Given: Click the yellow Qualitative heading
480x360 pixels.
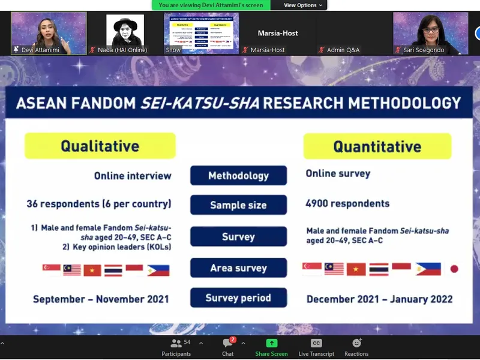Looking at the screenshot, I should pyautogui.click(x=100, y=146).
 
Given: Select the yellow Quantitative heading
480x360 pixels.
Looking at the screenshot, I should pyautogui.click(x=377, y=146).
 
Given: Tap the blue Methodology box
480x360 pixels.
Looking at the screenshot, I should pyautogui.click(x=238, y=176).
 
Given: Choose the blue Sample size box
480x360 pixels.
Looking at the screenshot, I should pyautogui.click(x=238, y=205).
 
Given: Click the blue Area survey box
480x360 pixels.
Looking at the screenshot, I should pyautogui.click(x=238, y=268).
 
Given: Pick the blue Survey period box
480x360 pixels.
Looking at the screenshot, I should pyautogui.click(x=238, y=298).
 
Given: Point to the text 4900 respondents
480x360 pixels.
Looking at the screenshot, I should pyautogui.click(x=347, y=203).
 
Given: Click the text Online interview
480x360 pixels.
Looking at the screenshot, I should pyautogui.click(x=133, y=176).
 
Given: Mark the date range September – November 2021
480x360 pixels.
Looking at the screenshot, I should pyautogui.click(x=101, y=299).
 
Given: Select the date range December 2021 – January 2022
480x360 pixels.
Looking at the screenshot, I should pyautogui.click(x=379, y=299).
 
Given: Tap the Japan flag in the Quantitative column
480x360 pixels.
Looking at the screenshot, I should pyautogui.click(x=454, y=269).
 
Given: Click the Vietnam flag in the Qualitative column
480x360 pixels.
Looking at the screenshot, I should pyautogui.click(x=92, y=270).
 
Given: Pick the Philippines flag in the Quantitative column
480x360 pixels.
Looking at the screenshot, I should pyautogui.click(x=428, y=269).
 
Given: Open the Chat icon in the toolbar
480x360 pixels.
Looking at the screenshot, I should pyautogui.click(x=228, y=344).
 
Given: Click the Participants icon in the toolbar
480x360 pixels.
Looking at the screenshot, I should pyautogui.click(x=176, y=344).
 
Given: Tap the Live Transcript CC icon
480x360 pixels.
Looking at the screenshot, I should pyautogui.click(x=316, y=344).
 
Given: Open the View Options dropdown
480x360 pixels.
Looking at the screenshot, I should pyautogui.click(x=303, y=5).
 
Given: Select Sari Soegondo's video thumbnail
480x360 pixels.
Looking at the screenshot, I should pyautogui.click(x=430, y=34).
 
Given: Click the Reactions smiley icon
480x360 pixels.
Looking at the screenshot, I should pyautogui.click(x=356, y=344).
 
